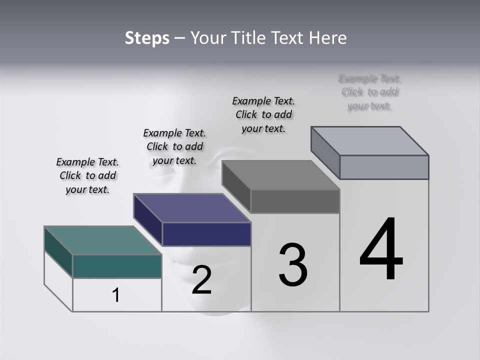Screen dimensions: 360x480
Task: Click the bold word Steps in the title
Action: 147,38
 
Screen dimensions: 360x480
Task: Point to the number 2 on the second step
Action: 201,280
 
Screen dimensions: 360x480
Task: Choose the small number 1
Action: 116,295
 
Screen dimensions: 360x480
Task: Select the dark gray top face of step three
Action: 281,175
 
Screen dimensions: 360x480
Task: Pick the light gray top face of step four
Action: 370,141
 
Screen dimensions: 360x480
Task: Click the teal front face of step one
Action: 117,266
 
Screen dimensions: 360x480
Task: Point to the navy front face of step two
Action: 206,234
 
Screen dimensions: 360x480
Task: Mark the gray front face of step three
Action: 295,201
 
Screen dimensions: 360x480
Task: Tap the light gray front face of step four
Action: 384,167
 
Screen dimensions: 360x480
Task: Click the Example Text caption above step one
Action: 87,175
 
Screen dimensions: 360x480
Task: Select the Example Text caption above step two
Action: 174,146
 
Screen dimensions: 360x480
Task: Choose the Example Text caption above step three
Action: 263,114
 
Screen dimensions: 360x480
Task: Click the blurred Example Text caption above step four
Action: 370,92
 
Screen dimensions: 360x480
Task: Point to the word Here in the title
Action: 329,38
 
